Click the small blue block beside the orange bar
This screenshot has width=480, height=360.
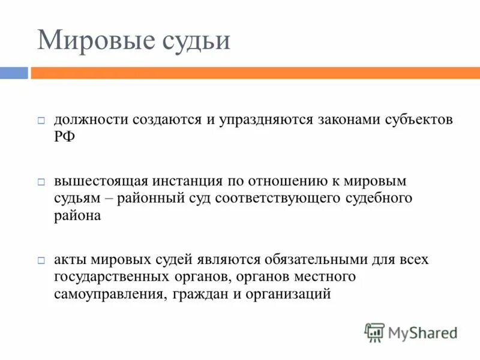tap(13, 73)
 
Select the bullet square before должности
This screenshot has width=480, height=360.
tap(41, 121)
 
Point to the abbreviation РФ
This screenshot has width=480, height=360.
tap(65, 137)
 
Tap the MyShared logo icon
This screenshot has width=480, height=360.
tap(375, 332)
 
